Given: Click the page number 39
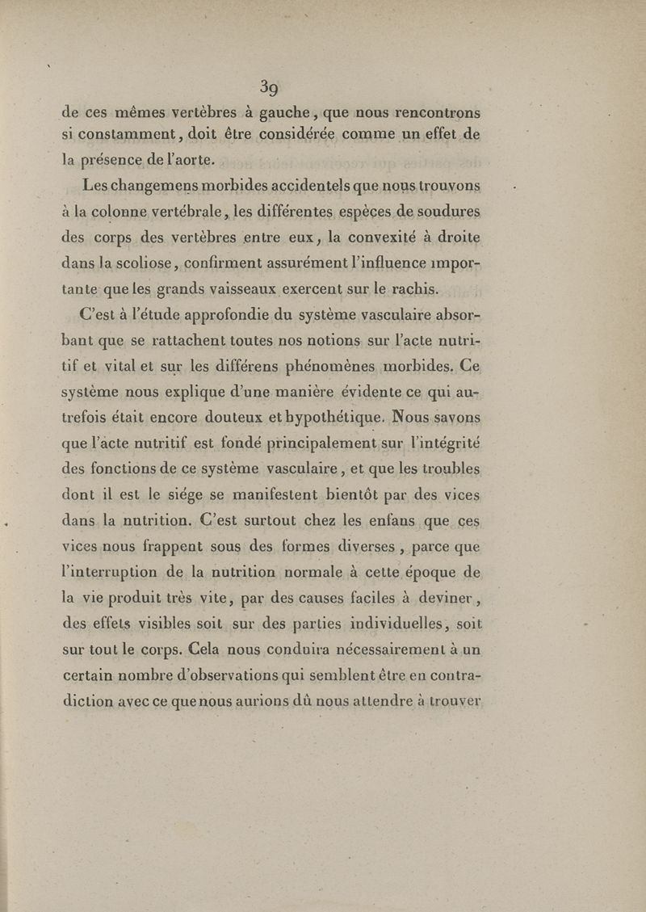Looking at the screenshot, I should click(270, 86).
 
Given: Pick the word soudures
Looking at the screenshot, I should click(448, 212).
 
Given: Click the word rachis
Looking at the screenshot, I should click(415, 289).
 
